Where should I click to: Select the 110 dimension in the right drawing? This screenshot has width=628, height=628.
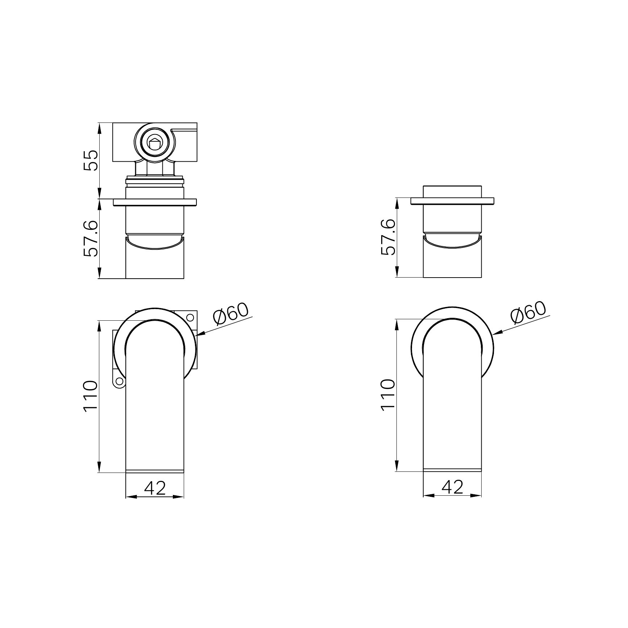pos(388,394)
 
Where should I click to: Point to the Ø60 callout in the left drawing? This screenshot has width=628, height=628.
pos(231,313)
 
